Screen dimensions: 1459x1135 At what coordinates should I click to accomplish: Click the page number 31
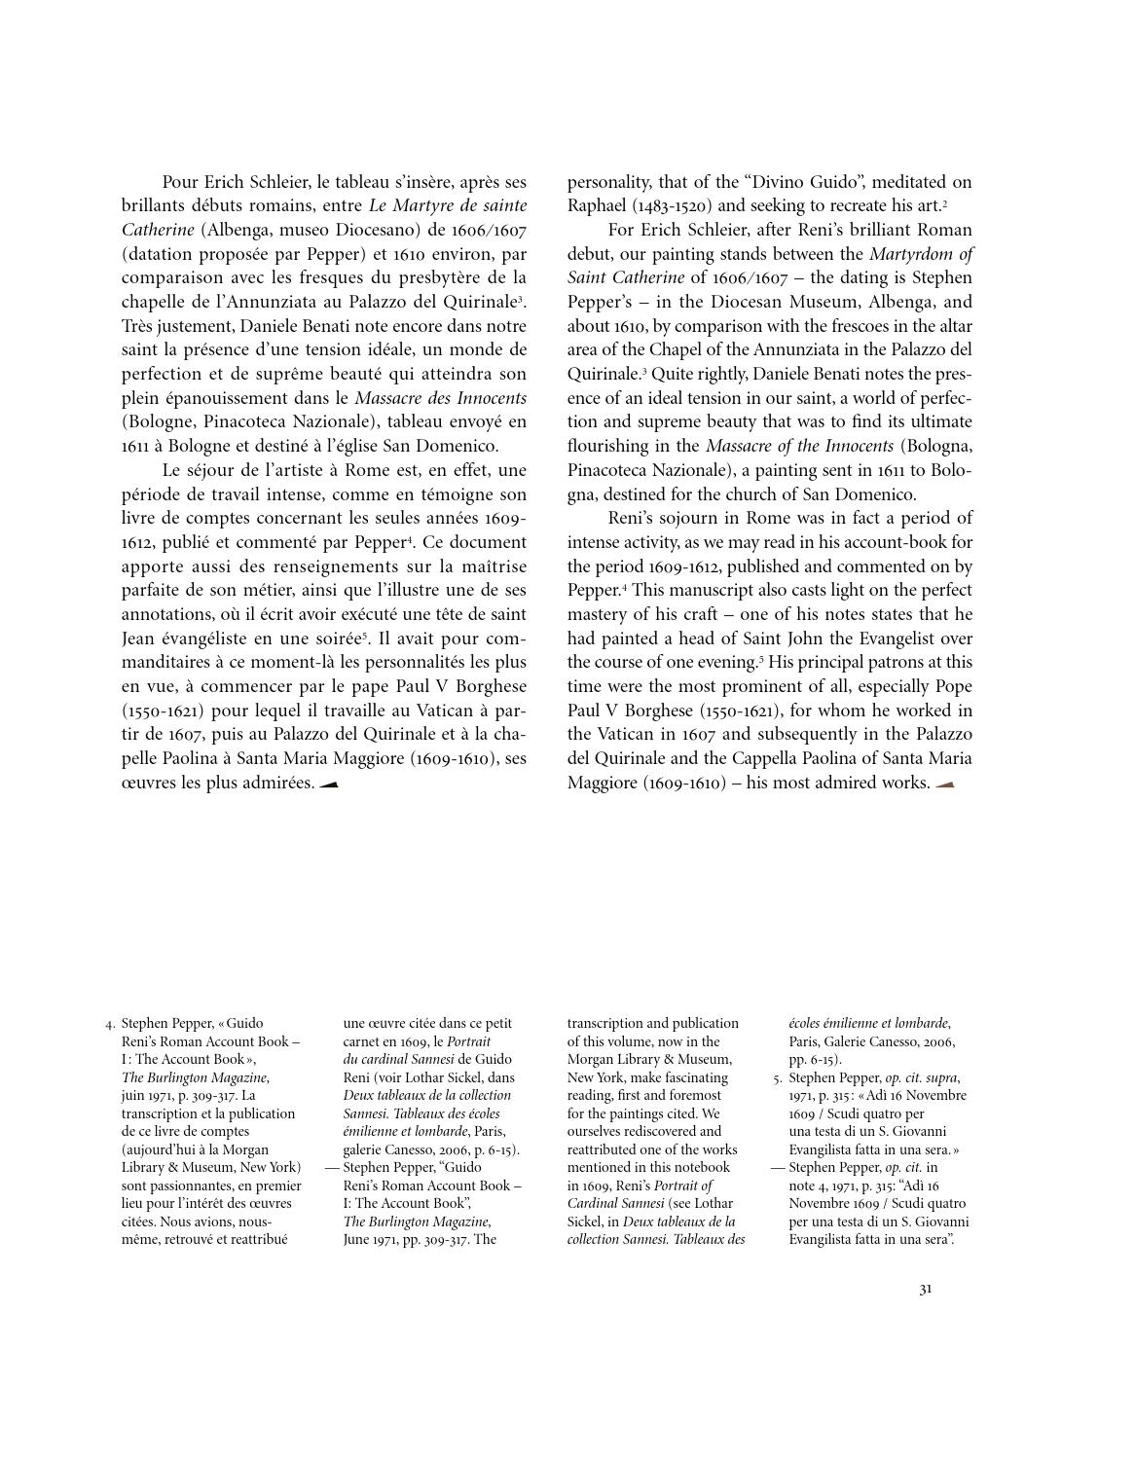pyautogui.click(x=925, y=1290)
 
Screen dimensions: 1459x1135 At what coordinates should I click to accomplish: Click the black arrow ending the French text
pyautogui.click(x=328, y=784)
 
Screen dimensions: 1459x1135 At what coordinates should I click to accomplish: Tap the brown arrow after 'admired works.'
pyautogui.click(x=944, y=784)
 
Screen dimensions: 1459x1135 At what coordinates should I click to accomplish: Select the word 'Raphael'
pyautogui.click(x=597, y=205)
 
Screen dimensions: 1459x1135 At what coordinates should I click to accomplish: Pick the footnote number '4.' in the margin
pyautogui.click(x=111, y=1024)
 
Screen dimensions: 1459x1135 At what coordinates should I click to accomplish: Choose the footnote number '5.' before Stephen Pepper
pyautogui.click(x=778, y=1078)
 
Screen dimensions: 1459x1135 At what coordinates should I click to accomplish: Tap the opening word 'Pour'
pyautogui.click(x=180, y=182)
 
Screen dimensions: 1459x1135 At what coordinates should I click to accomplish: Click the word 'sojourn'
pyautogui.click(x=692, y=518)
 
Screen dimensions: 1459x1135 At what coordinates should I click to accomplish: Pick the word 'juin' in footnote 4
pyautogui.click(x=133, y=1096)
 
